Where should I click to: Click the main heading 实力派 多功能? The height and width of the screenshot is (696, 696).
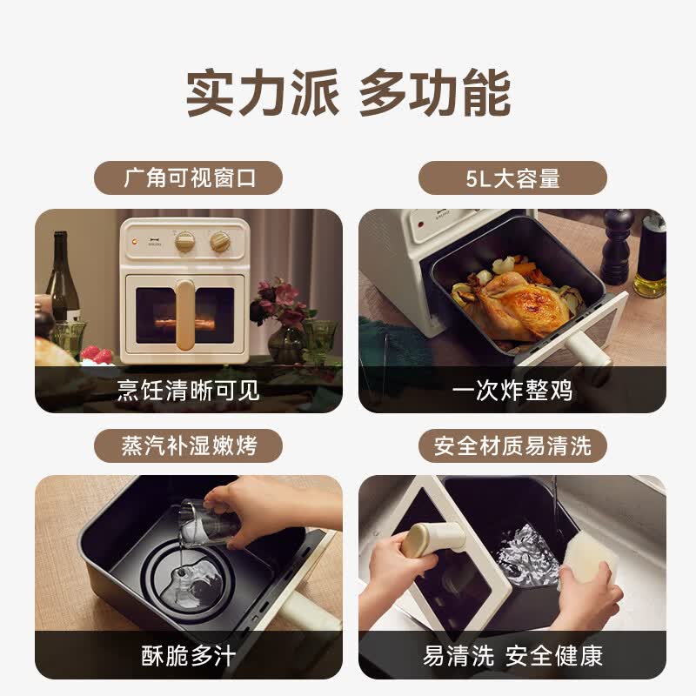click(x=349, y=92)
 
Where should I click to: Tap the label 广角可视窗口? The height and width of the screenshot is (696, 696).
click(x=189, y=178)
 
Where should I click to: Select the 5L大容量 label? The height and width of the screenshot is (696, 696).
click(x=512, y=178)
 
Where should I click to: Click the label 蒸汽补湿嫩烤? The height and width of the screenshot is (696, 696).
click(x=189, y=445)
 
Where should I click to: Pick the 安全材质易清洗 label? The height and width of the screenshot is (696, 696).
click(x=512, y=445)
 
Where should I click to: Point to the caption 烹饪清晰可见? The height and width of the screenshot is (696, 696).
click(x=188, y=390)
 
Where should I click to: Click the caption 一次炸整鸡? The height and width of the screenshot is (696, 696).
click(x=512, y=390)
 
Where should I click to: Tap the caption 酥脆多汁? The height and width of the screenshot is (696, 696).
click(x=189, y=655)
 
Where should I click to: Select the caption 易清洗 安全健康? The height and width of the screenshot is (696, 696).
click(x=512, y=655)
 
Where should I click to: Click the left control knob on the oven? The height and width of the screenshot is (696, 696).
click(x=184, y=241)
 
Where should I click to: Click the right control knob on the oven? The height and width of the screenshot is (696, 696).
click(x=220, y=241)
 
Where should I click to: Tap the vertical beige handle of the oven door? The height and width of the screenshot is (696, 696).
click(x=185, y=314)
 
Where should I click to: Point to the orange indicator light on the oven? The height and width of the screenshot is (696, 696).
click(x=135, y=242)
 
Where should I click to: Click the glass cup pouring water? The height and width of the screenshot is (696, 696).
click(x=208, y=523)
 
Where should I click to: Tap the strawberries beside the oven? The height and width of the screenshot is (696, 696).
click(x=97, y=354)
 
